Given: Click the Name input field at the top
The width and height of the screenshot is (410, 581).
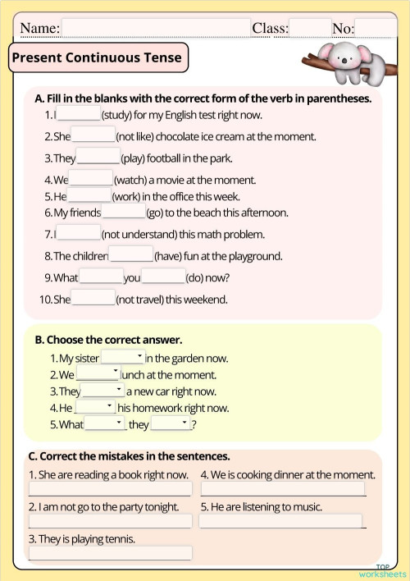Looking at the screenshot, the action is click(x=156, y=29).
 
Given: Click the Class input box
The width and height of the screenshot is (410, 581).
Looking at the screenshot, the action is click(x=310, y=29).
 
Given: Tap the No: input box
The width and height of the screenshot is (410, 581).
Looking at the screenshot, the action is click(x=375, y=29).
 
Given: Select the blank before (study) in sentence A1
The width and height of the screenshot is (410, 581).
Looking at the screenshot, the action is click(x=79, y=115).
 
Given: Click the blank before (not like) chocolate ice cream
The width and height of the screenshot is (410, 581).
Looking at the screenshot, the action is click(x=93, y=136).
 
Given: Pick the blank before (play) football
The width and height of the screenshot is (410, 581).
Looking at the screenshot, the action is click(x=98, y=158).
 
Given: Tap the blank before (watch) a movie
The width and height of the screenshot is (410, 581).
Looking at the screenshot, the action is click(x=91, y=179).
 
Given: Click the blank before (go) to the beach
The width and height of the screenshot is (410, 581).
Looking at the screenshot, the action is click(x=124, y=213).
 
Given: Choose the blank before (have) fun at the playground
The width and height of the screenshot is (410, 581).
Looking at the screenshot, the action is click(x=131, y=255).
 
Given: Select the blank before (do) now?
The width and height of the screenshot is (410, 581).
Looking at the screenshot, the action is click(x=164, y=277).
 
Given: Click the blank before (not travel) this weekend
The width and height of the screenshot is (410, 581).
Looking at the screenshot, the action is click(x=93, y=299).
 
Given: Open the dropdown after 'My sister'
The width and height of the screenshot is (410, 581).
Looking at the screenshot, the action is click(x=122, y=358).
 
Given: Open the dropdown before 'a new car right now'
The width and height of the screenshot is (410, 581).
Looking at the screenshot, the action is click(x=103, y=391).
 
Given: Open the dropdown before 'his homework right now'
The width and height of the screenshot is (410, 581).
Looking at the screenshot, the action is click(x=96, y=408).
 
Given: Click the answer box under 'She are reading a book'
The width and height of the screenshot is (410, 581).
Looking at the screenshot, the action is click(x=110, y=489).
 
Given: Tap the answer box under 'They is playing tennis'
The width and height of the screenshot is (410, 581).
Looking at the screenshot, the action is click(x=110, y=554).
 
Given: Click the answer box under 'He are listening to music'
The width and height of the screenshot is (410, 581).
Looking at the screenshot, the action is click(x=280, y=521).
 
